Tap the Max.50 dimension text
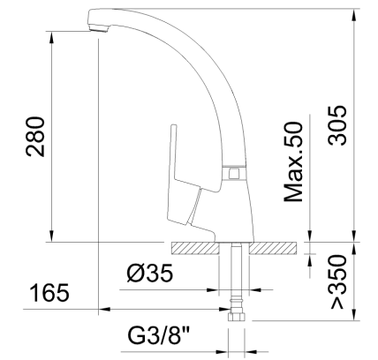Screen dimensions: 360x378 (295, 162)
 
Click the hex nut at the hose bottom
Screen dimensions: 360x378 (236, 312)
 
